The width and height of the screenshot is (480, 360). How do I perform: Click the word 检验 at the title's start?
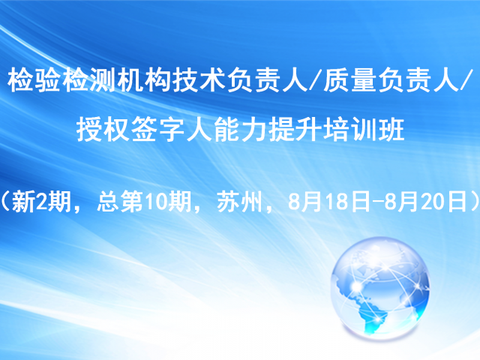click(34, 80)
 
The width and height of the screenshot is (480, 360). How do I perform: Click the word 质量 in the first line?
click(349, 80)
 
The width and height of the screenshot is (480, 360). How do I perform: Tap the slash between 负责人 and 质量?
click(315, 80)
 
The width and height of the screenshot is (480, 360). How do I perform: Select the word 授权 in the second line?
click(103, 130)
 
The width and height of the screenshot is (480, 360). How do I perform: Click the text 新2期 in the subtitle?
click(41, 202)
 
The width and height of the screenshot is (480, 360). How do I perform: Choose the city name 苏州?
click(240, 202)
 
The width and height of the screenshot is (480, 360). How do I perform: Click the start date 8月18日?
click(328, 202)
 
